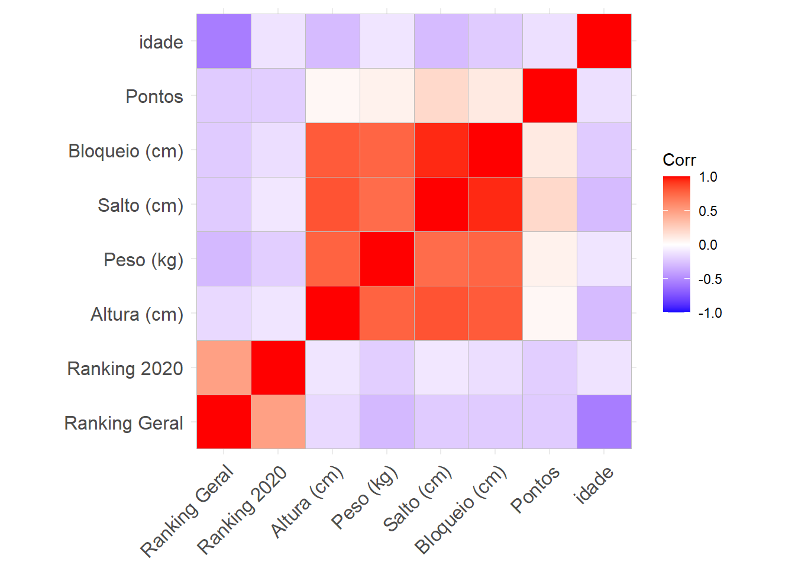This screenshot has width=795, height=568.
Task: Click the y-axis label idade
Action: pos(161,42)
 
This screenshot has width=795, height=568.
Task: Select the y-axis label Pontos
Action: pos(154,96)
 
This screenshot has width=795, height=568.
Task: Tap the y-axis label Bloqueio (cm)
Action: pos(126,151)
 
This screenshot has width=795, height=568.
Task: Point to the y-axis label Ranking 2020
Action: pos(125,369)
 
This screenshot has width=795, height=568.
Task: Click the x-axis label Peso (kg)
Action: pos(364,498)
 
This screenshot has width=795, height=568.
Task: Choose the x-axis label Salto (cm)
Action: pos(417,499)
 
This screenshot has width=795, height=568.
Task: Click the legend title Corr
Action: pos(679,160)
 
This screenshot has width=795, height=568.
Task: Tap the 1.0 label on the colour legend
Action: pos(708,177)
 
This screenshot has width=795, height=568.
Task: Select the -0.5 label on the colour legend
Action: pos(710,279)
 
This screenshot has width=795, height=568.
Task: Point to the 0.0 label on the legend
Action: pos(708,245)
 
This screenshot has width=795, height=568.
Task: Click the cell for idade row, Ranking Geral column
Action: pos(224,41)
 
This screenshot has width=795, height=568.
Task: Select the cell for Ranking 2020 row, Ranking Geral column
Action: pos(224,368)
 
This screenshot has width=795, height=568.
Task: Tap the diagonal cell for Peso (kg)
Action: pos(387,259)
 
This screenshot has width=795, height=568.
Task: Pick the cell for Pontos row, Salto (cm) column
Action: pos(441,96)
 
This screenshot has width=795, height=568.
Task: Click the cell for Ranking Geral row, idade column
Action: pos(604,422)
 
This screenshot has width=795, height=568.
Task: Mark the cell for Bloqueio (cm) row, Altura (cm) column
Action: pos(332,150)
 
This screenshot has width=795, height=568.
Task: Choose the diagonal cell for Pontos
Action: pos(550,96)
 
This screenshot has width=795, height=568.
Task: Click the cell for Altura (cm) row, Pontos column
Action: pos(550,314)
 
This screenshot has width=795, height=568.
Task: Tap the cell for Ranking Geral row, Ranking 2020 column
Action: pos(278,422)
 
